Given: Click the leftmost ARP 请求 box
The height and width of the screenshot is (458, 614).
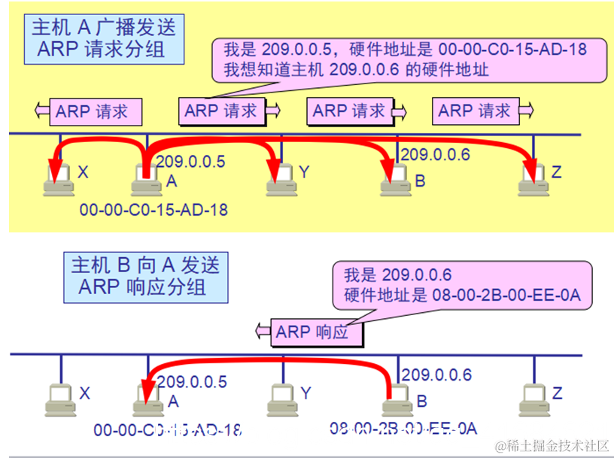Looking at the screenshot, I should click(x=96, y=113).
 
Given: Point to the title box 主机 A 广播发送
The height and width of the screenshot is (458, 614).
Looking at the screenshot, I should click(x=104, y=40).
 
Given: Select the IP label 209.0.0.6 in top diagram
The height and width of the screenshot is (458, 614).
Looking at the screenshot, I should click(x=435, y=155).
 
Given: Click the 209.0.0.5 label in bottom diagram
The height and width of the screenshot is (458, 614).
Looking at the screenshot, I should click(x=192, y=382).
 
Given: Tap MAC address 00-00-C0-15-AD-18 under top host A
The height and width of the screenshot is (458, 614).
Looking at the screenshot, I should click(x=153, y=210).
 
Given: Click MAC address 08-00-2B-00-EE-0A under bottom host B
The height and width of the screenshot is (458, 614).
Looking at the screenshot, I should click(x=403, y=429).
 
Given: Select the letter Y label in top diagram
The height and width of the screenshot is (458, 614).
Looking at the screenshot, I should click(x=304, y=172).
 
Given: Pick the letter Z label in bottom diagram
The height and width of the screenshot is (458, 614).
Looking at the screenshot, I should click(x=557, y=393).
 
